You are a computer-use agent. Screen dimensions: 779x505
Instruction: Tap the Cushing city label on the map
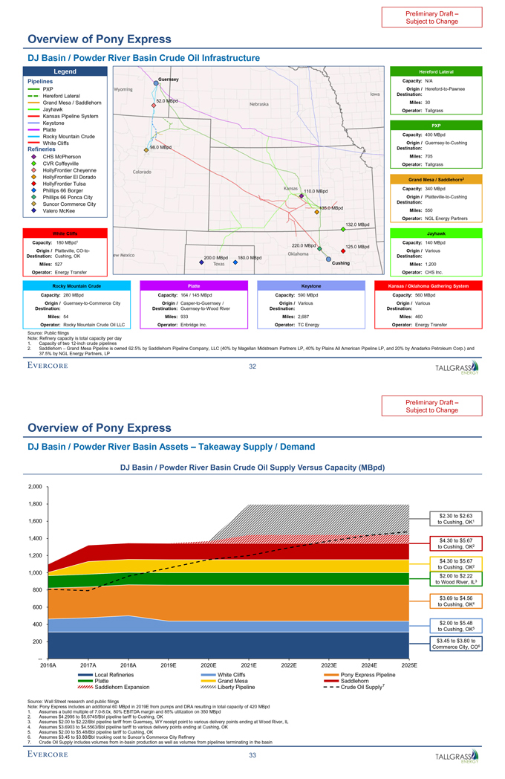tap(341, 263)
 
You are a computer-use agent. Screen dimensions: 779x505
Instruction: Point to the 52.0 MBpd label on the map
tap(167, 100)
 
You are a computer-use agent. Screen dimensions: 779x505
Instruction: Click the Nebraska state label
tap(259, 104)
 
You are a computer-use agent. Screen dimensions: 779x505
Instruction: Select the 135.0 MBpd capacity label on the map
tap(330, 207)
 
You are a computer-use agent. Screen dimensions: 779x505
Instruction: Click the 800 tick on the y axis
tap(36, 590)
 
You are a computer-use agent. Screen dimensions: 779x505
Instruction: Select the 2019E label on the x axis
tap(169, 665)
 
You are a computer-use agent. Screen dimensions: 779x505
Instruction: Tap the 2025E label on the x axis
tap(409, 665)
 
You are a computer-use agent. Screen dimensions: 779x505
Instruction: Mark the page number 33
tap(252, 755)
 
